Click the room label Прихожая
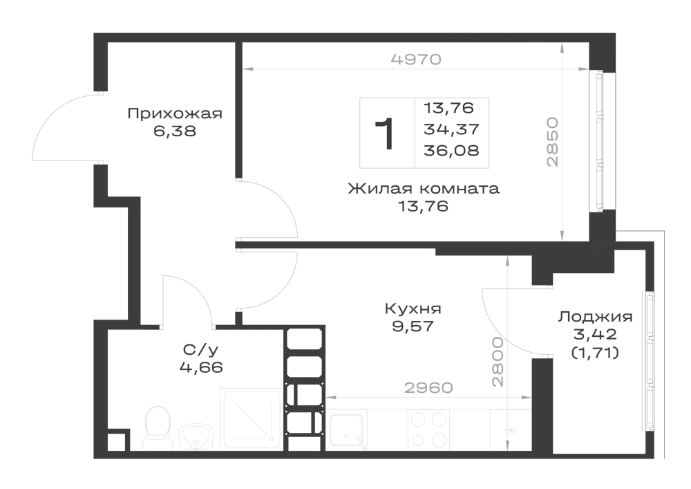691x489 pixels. click(175, 114)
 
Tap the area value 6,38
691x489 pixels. click(175, 131)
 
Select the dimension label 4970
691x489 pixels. click(416, 59)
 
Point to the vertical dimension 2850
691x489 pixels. click(552, 142)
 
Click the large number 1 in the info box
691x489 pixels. click(384, 134)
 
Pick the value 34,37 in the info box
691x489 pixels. click(451, 129)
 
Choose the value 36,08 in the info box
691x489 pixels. click(451, 150)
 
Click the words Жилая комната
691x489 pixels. click(424, 189)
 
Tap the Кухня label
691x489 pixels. click(413, 308)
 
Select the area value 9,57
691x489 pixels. click(413, 326)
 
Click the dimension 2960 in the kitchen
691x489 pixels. click(428, 387)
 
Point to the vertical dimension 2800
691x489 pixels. click(498, 362)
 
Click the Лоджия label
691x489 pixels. click(596, 317)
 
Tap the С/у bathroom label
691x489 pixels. click(200, 350)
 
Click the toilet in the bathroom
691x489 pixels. click(157, 427)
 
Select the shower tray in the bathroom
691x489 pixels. click(252, 419)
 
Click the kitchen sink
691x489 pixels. click(348, 431)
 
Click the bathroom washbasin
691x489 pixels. click(196, 436)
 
